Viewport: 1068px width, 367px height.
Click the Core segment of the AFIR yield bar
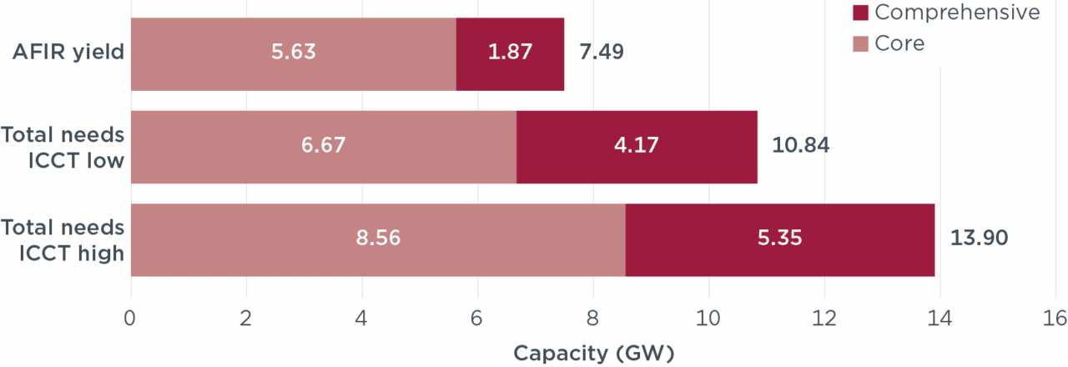[x=293, y=53]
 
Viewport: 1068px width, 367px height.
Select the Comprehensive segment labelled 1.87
[x=510, y=53]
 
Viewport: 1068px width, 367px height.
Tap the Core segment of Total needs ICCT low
[x=323, y=146]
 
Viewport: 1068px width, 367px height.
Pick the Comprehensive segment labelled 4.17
[x=637, y=146]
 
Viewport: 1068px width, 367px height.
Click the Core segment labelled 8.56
[x=378, y=239]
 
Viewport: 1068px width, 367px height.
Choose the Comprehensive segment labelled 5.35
[x=779, y=239]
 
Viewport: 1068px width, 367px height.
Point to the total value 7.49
[x=601, y=53]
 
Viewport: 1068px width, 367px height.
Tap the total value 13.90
[x=979, y=239]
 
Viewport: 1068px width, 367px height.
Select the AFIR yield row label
[x=68, y=53]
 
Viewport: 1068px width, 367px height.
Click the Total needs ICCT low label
[x=63, y=146]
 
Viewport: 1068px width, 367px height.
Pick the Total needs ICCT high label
[x=63, y=239]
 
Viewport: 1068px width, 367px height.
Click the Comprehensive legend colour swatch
[x=861, y=13]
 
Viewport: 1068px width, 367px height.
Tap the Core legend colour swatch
[x=861, y=43]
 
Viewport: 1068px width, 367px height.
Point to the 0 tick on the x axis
[x=130, y=319]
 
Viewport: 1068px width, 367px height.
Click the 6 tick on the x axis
[x=477, y=319]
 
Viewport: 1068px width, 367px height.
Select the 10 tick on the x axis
[x=708, y=319]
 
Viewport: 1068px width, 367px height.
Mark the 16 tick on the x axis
[x=1055, y=319]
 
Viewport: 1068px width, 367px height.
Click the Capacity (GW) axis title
[x=593, y=353]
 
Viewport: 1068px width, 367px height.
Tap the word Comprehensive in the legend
[x=957, y=13]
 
